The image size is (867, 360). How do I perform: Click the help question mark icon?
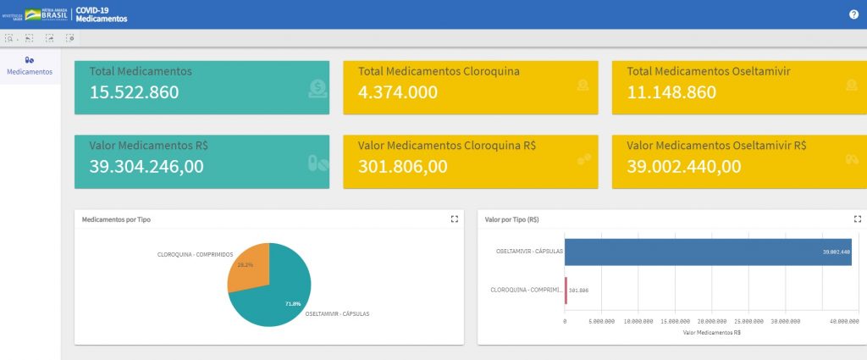coord(853,14)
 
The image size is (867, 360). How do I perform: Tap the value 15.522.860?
coord(134,92)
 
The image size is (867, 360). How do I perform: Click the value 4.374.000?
coord(398,92)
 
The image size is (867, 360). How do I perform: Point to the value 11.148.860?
coord(671,92)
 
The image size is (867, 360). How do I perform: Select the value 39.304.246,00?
coord(146,166)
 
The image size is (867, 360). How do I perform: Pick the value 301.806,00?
coord(402,166)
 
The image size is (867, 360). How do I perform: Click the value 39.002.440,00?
coord(684,166)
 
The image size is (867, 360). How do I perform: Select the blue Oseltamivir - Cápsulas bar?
coord(708,252)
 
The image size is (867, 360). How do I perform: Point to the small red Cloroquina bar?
coord(566,290)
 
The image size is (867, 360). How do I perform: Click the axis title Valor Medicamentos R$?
coord(712,332)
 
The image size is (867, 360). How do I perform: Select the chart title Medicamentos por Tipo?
coord(116,219)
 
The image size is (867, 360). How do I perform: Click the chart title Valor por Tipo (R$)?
coord(511,219)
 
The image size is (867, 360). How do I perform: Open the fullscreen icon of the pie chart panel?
coord(455,219)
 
